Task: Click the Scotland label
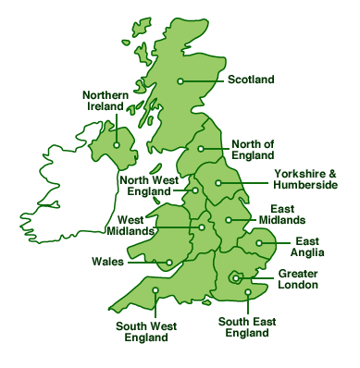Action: [251, 80]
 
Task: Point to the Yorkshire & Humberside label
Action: [305, 179]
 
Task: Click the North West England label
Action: [145, 186]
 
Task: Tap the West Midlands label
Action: [130, 225]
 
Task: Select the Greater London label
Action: [299, 279]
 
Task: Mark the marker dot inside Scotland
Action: [181, 80]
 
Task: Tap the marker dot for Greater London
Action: [237, 276]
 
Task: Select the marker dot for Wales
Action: [169, 263]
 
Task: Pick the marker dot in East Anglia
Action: [259, 244]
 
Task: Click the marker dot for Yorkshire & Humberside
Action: [218, 183]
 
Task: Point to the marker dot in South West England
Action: [155, 291]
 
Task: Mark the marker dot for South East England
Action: [248, 293]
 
